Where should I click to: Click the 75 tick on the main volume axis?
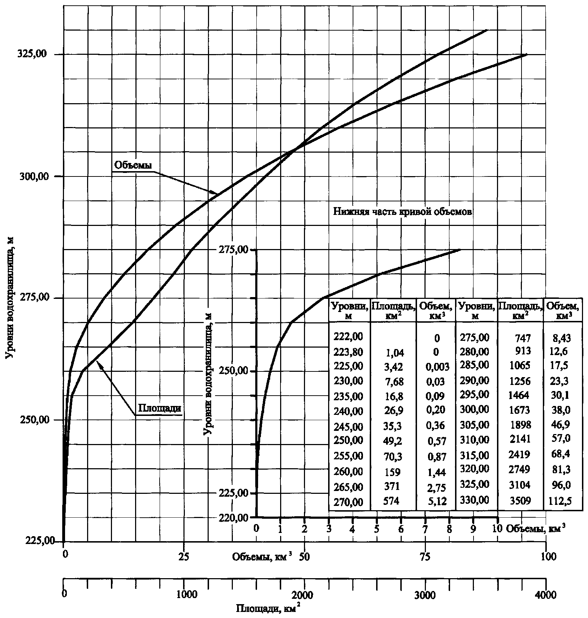pyautogui.click(x=425, y=557)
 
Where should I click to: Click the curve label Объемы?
pyautogui.click(x=133, y=165)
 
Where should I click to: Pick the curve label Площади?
pyautogui.click(x=159, y=408)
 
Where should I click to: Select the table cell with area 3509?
pyautogui.click(x=520, y=501)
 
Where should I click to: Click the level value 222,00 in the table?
pyautogui.click(x=348, y=336)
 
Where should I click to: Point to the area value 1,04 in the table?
pyautogui.click(x=394, y=352)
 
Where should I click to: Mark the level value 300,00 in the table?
pyautogui.click(x=474, y=410)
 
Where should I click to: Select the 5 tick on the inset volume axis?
pyautogui.click(x=376, y=528)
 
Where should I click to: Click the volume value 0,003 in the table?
pyautogui.click(x=437, y=367)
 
